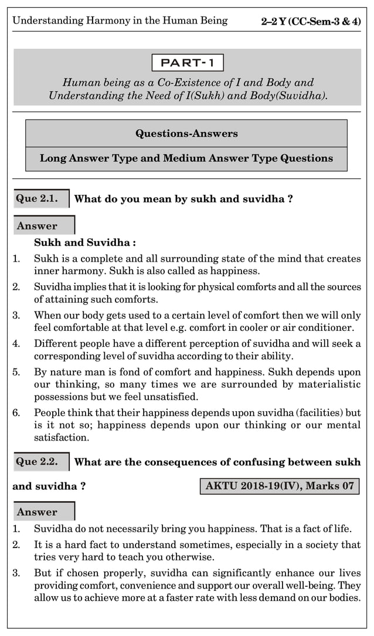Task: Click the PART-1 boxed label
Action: [187, 62]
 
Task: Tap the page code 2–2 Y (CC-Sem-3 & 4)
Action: [311, 21]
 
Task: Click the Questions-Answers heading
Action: [186, 133]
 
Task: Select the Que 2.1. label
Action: [38, 198]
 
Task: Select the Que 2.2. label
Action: [38, 461]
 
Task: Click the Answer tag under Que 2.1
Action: [38, 226]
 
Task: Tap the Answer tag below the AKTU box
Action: [38, 512]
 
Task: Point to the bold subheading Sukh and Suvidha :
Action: [85, 242]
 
